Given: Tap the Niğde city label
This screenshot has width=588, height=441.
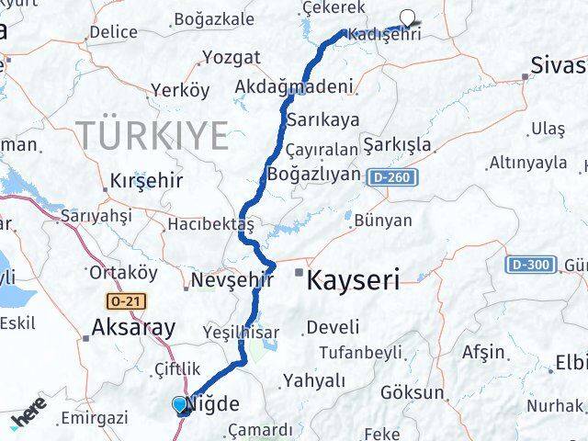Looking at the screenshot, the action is coord(214,403).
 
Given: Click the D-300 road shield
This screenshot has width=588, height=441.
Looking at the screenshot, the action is coord(531,266).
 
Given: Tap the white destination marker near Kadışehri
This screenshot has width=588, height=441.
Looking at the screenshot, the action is coord(407,15).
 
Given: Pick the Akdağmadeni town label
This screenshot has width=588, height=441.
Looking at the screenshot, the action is coord(294,88).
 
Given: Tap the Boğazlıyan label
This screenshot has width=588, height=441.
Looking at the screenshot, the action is coord(313,173).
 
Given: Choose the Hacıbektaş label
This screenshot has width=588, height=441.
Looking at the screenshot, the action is coord(209,224).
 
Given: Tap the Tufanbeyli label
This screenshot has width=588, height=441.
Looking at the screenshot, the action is coord(361,352).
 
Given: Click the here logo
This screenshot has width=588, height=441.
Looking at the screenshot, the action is coord(30,419).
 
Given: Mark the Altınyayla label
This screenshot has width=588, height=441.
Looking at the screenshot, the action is coord(528,163).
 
